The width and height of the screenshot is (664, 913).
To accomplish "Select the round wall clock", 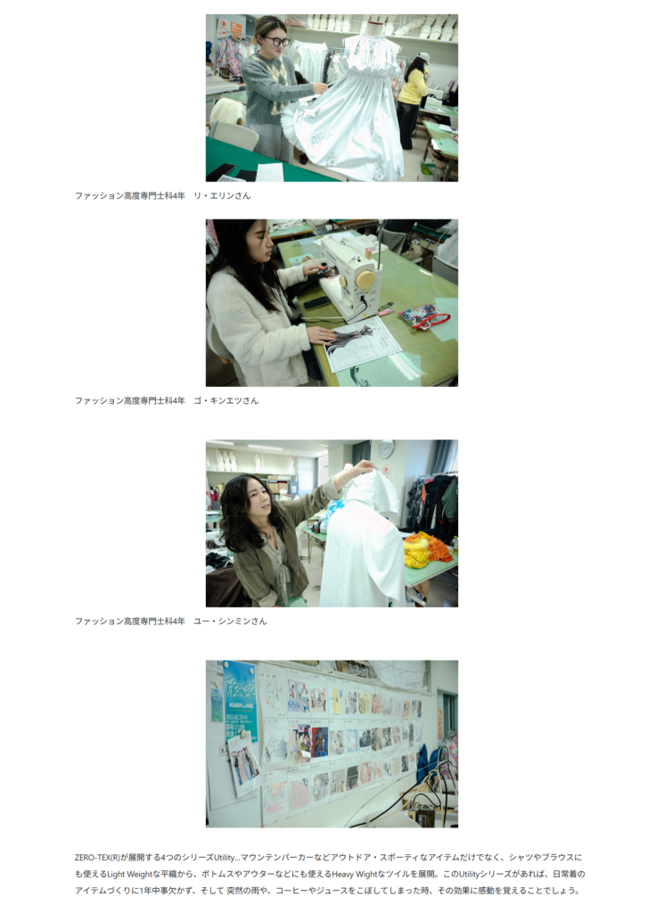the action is coord(387,449).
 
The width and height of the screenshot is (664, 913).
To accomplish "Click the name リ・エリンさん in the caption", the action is coord(222,195).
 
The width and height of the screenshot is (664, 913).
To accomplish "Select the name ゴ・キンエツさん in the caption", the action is coord(225,400).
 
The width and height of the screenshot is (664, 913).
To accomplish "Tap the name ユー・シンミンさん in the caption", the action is coord(230,621).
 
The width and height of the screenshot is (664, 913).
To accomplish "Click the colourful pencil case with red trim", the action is coord(423,317).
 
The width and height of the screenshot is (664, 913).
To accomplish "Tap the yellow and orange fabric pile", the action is coord(427,548).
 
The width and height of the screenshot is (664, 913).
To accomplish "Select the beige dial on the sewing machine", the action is coord(365,279).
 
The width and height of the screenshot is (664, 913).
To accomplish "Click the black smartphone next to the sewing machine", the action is coord(317,303).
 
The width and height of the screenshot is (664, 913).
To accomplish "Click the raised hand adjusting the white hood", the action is coord(365,467).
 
